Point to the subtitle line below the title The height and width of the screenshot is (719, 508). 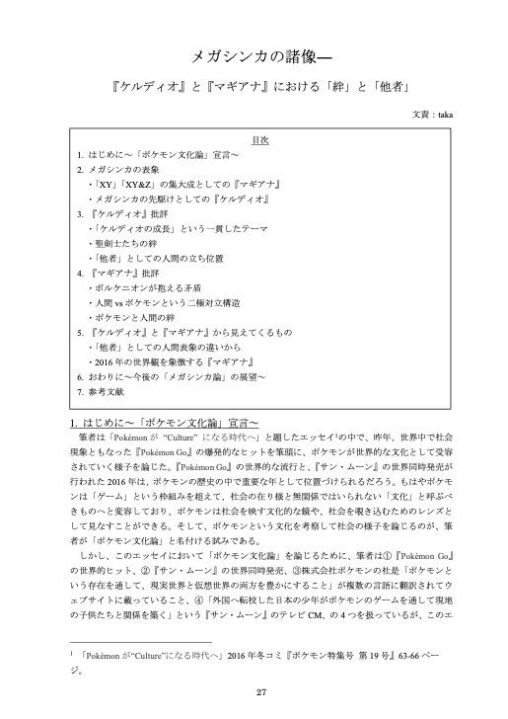254,87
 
